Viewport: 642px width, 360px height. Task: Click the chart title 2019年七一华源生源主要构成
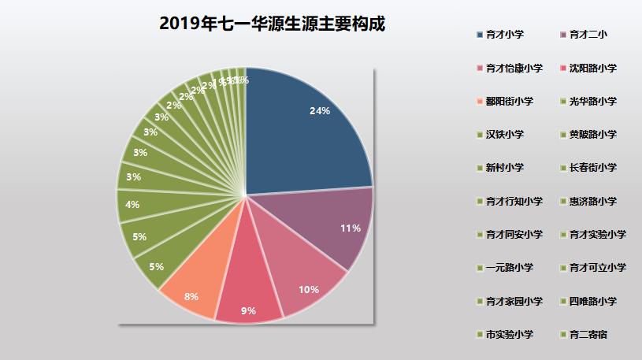point(272,24)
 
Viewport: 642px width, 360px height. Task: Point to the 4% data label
point(132,205)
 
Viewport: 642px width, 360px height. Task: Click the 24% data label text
point(319,111)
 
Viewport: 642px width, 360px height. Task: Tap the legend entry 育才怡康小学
point(514,69)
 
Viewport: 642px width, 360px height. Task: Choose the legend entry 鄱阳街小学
point(510,102)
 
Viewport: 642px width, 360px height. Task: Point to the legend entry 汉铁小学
point(505,135)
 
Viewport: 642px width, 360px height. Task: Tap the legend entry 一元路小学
point(510,268)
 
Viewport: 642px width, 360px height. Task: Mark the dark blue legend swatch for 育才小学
point(481,35)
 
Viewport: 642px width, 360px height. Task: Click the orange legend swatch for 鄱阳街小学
point(481,102)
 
